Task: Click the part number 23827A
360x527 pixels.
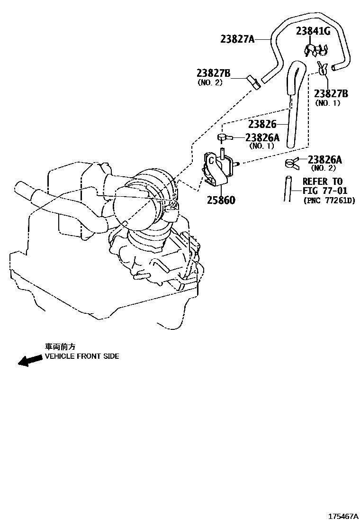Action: click(237, 39)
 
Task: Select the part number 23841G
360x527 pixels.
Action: click(313, 31)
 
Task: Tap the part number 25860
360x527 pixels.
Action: click(221, 200)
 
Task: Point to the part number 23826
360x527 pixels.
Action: click(262, 124)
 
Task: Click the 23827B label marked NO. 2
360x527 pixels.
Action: click(213, 73)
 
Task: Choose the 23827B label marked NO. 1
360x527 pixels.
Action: click(331, 93)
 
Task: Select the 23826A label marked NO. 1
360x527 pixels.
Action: click(262, 137)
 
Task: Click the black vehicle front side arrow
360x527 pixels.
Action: click(29, 361)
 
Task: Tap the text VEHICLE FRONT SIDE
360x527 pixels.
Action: click(82, 356)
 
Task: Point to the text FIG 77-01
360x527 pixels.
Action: click(325, 191)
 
